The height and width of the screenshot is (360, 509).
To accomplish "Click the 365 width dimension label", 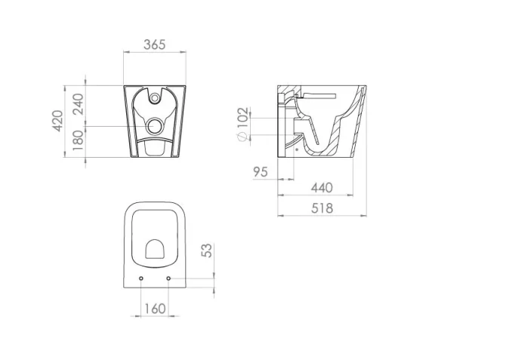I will pyautogui.click(x=154, y=45).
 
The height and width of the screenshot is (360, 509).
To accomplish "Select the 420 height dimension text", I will pyautogui.click(x=58, y=120).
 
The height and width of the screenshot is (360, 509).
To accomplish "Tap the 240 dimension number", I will pyautogui.click(x=78, y=105).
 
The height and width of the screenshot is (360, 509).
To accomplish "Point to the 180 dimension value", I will pyautogui.click(x=78, y=141).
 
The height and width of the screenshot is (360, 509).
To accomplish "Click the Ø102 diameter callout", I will pyautogui.click(x=242, y=125).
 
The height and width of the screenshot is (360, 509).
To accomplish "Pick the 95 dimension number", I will pyautogui.click(x=261, y=172).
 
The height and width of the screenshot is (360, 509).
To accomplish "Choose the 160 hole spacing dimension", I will pyautogui.click(x=155, y=308).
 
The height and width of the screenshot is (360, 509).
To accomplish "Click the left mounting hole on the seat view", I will pyautogui.click(x=142, y=279).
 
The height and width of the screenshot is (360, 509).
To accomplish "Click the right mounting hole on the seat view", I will pyautogui.click(x=168, y=279).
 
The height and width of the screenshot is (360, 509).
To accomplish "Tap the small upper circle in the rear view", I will pyautogui.click(x=155, y=96).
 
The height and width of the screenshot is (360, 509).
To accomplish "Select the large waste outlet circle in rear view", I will pyautogui.click(x=155, y=125).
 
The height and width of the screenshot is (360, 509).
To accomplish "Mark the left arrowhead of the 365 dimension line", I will pyautogui.click(x=125, y=52).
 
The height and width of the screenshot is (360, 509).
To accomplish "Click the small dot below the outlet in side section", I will pyautogui.click(x=298, y=149).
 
